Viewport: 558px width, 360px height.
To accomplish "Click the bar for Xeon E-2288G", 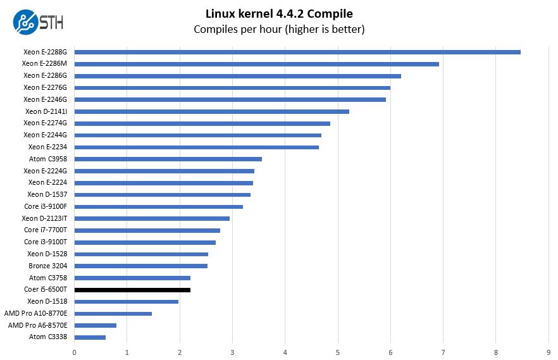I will [297, 52].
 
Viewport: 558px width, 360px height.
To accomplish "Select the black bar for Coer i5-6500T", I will [132, 290].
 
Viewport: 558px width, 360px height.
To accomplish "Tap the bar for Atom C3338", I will [90, 337].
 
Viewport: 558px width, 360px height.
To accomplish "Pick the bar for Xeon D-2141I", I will [211, 111].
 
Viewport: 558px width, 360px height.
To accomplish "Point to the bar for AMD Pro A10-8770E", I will [113, 313].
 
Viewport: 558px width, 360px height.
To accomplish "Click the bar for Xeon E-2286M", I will [256, 64].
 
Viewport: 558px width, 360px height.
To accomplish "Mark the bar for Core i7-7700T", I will [147, 230].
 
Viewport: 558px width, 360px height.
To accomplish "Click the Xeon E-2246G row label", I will [45, 99].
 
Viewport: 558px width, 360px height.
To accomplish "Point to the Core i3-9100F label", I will [46, 206].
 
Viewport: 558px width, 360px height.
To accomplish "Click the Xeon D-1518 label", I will [47, 301].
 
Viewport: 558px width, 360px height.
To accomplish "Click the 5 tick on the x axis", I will [338, 352].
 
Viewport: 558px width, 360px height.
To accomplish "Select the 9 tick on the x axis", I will [549, 352].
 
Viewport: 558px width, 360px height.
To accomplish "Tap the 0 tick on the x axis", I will [75, 352].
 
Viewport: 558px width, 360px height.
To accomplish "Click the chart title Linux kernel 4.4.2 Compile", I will [279, 13].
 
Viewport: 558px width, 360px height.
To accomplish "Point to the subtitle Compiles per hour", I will [279, 29].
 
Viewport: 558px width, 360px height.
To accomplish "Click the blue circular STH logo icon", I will [25, 22].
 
